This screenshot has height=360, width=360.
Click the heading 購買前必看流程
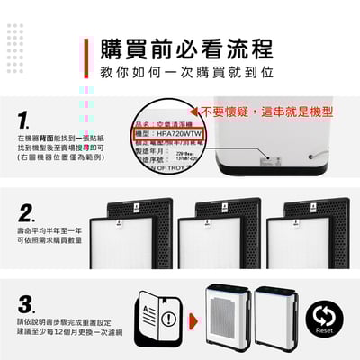click(x=186, y=47)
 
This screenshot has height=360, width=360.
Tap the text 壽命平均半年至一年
click(x=49, y=232)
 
